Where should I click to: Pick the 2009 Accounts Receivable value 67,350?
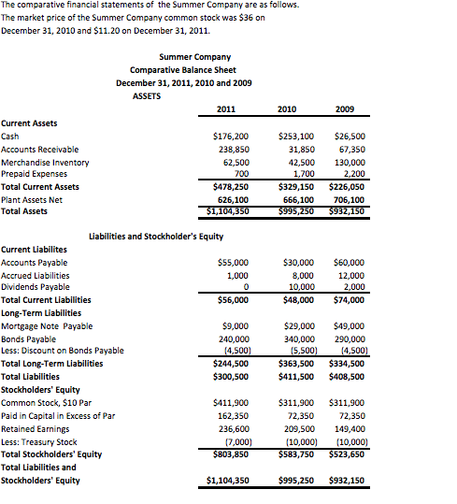pos(350,149)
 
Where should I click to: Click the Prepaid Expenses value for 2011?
pos(241,174)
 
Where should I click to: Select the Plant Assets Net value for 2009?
pos(347,199)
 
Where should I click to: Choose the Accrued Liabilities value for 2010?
pos(303,276)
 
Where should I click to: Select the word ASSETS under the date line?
pos(147,95)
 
